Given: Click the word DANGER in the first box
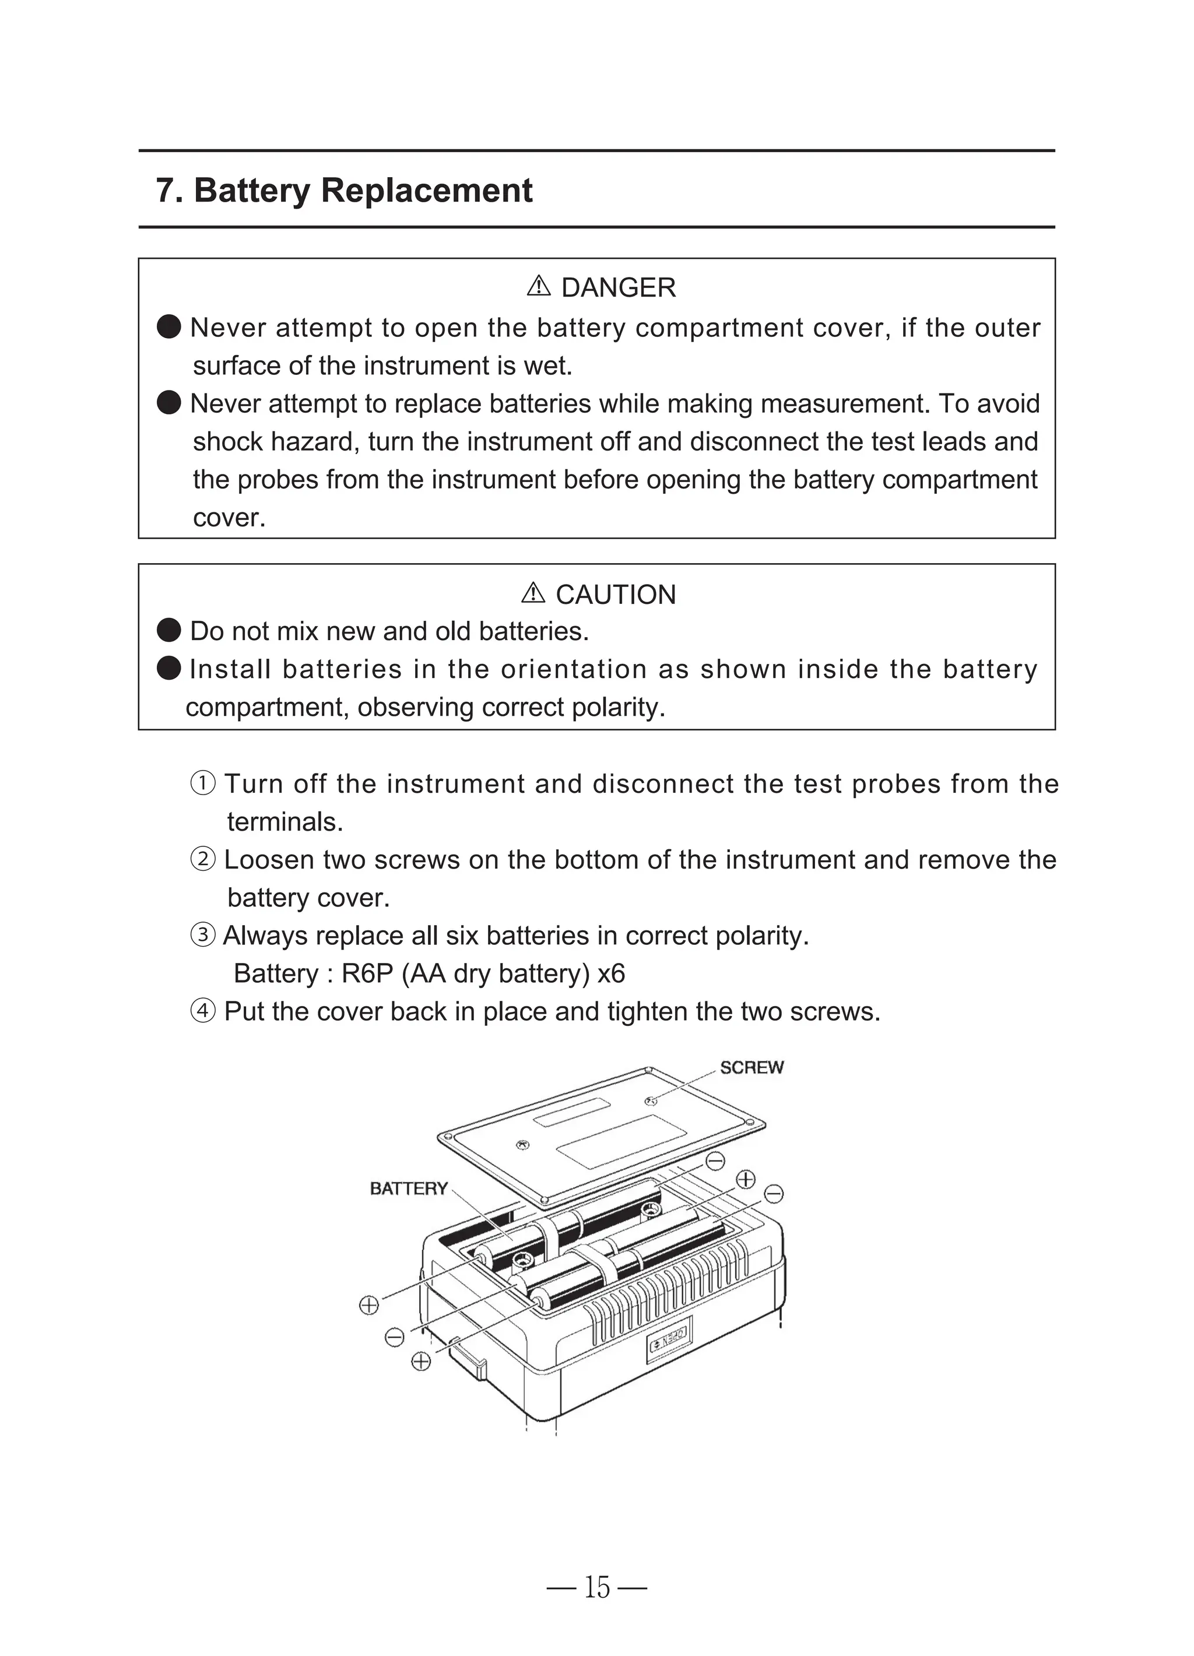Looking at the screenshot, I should [x=618, y=288].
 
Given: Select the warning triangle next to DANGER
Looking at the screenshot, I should [x=538, y=286].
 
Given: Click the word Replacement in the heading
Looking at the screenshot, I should [x=427, y=191].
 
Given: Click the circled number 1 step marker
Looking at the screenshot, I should [x=203, y=783].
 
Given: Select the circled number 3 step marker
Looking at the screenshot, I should [x=203, y=936].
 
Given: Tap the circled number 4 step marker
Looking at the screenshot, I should [x=203, y=1011].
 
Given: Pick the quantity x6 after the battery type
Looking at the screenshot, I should [x=610, y=973].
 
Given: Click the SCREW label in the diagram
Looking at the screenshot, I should [x=751, y=1067].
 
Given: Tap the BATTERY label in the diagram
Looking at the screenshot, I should [x=408, y=1189].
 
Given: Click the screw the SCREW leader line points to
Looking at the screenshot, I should [x=650, y=1101].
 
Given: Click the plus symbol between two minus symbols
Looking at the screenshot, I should [x=745, y=1179].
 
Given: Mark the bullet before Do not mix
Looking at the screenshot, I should [x=168, y=630].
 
